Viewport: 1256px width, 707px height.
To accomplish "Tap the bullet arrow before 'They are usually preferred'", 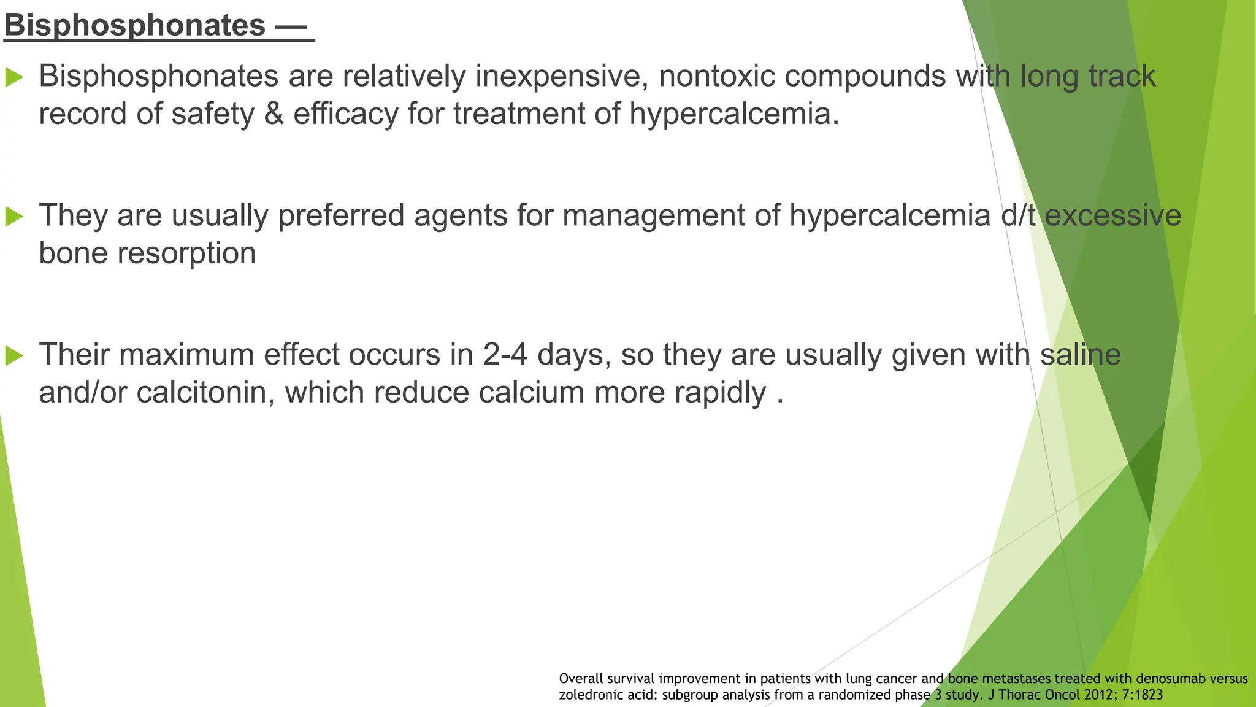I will pyautogui.click(x=14, y=216).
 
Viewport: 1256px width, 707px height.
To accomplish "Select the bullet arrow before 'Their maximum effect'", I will pyautogui.click(x=14, y=355).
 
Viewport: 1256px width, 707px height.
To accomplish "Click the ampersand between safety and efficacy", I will pyautogui.click(x=274, y=114).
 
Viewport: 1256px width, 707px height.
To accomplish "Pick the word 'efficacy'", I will pyautogui.click(x=345, y=114).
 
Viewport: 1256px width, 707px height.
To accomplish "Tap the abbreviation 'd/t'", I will pyautogui.click(x=1017, y=216).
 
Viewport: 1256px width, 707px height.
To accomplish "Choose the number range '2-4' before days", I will pyautogui.click(x=505, y=355).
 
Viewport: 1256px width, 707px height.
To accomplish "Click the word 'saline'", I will pyautogui.click(x=1080, y=355).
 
